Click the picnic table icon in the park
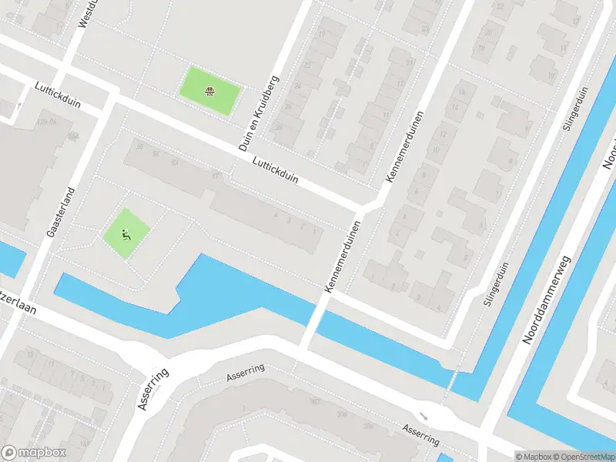(209, 92)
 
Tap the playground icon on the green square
(126, 234)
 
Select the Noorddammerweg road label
(550, 300)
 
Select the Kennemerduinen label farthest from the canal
(405, 146)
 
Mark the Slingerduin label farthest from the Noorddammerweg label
(575, 108)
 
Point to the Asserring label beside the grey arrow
(420, 434)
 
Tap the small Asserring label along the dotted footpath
(245, 373)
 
